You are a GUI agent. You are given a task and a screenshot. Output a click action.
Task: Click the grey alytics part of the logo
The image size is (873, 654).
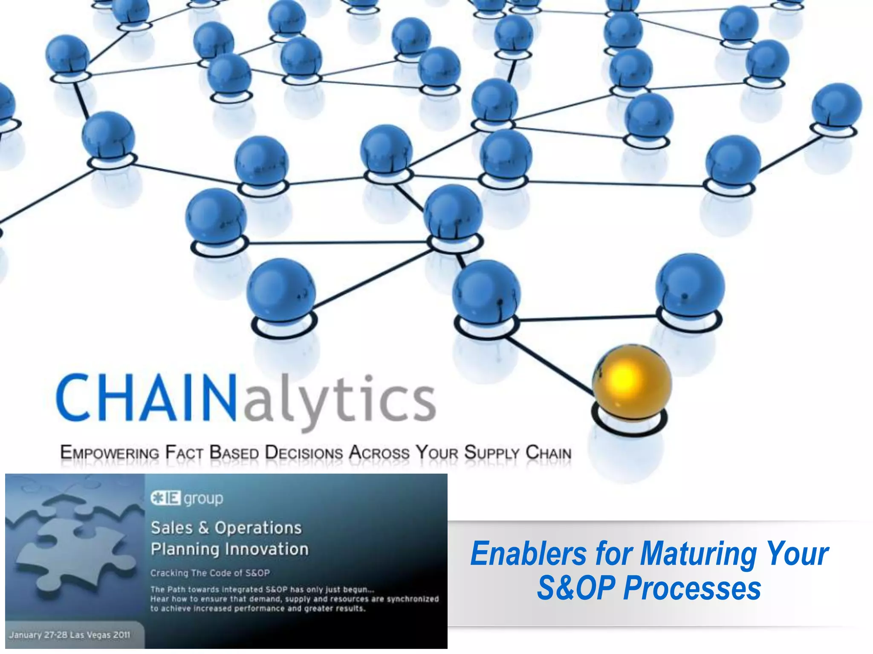(339, 400)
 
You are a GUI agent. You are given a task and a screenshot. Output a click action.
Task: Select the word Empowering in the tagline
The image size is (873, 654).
(110, 453)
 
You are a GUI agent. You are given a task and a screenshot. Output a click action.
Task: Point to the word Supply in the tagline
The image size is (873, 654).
(491, 453)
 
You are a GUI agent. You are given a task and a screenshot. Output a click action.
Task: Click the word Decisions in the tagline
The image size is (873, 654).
(304, 453)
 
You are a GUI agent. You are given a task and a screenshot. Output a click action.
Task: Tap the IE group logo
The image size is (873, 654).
(186, 498)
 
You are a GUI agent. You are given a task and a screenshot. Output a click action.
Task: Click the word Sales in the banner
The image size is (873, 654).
(172, 528)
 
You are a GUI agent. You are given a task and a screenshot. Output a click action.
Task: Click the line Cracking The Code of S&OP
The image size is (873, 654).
(210, 573)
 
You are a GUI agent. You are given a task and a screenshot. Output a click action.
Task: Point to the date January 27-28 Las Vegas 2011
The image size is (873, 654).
(69, 635)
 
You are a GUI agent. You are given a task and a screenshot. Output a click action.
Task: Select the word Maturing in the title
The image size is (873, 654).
(698, 554)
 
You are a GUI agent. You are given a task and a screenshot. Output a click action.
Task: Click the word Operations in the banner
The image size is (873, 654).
(258, 528)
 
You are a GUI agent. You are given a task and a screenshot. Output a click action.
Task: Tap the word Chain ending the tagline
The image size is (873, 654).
(548, 453)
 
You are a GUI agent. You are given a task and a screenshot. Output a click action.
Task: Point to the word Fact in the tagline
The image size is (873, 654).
(184, 453)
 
